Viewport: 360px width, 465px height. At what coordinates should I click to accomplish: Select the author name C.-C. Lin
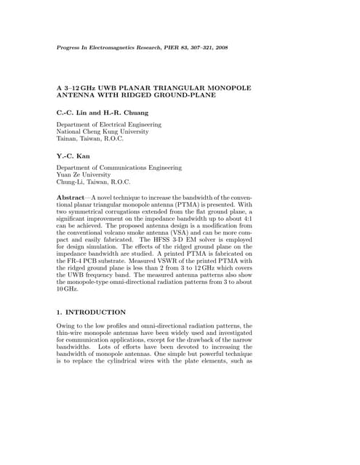(73, 112)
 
